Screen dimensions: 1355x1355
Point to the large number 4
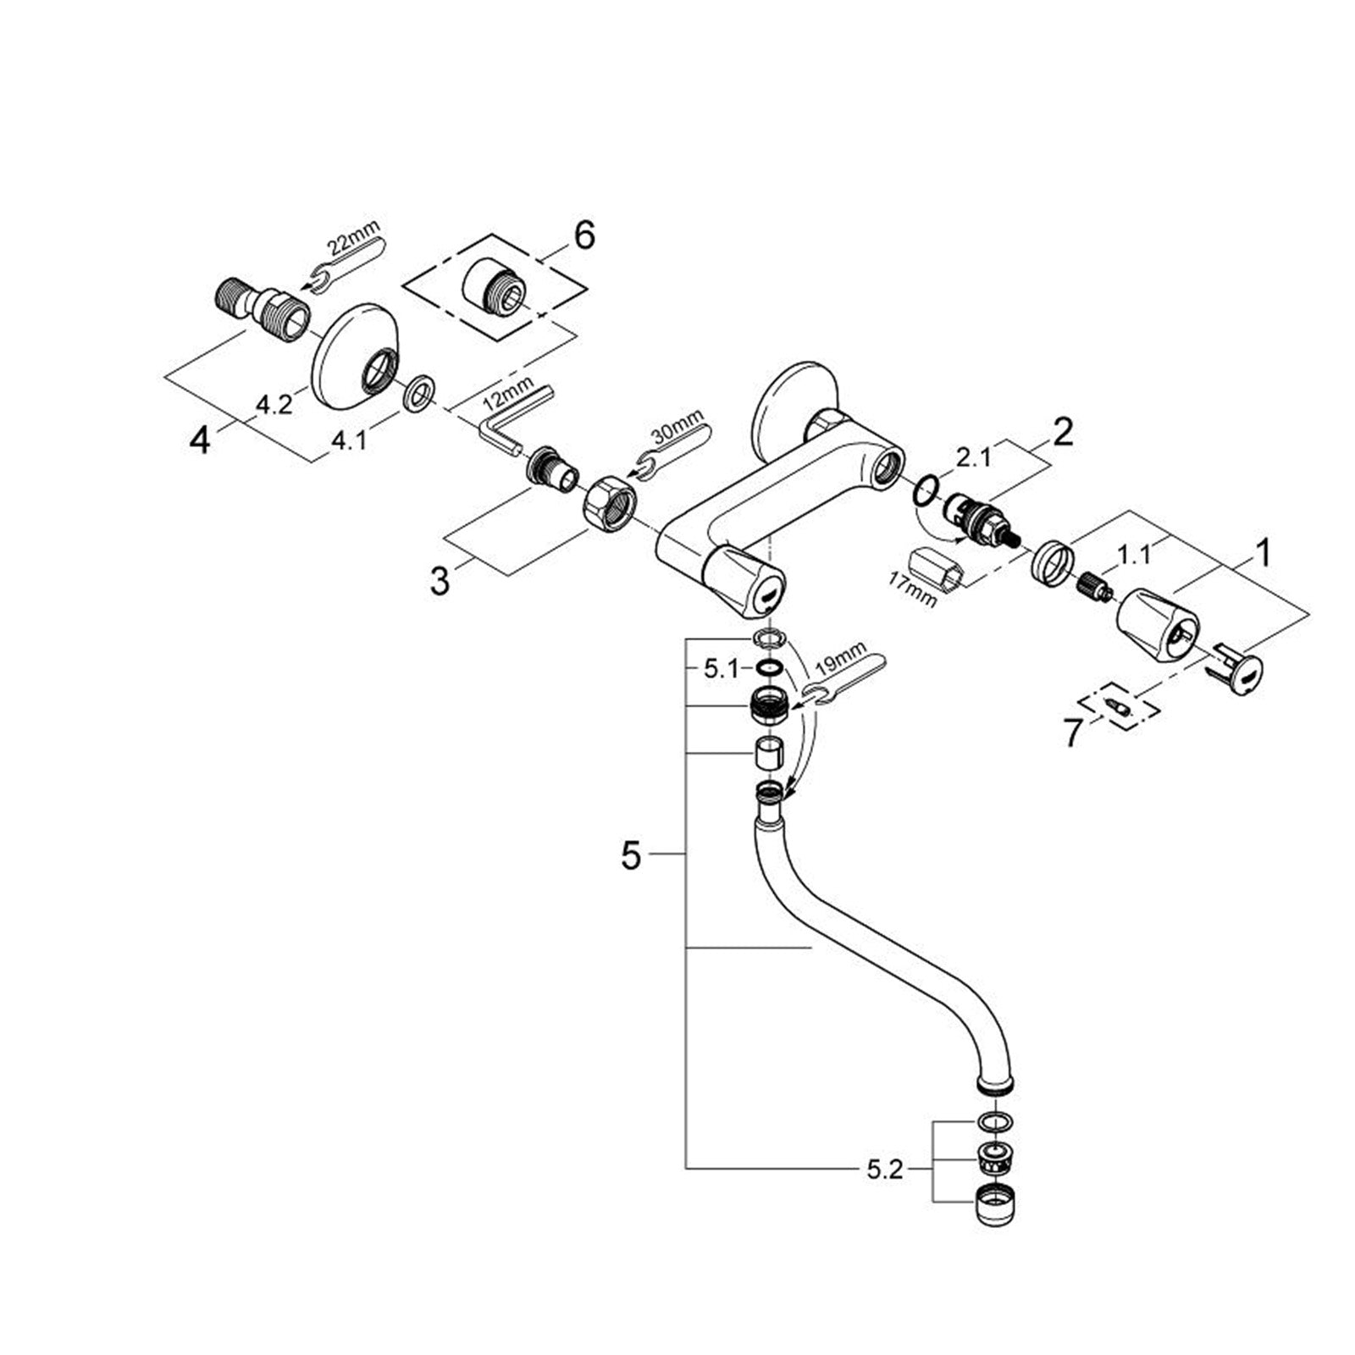coord(199,440)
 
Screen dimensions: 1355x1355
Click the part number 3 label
coord(440,581)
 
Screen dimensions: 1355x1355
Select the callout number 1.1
coord(1134,556)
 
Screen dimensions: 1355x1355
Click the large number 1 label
coord(1262,554)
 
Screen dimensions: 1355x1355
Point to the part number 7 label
coord(1073,733)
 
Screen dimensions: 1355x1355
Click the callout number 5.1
coord(722,669)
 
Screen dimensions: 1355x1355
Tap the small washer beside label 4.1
coord(419,395)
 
